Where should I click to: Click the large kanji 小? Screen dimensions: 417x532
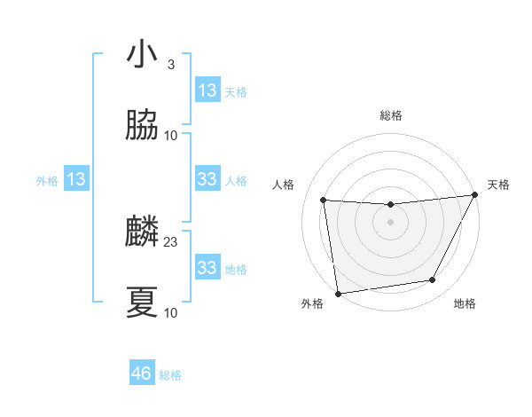click(142, 54)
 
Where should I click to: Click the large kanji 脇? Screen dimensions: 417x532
click(142, 127)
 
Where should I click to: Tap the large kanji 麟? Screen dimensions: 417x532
click(142, 232)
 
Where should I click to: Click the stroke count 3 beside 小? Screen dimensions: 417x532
click(170, 65)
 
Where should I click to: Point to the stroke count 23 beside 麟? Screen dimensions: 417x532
click(171, 241)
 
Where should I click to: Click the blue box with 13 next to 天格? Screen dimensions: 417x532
click(207, 90)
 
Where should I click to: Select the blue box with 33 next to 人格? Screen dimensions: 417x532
click(207, 179)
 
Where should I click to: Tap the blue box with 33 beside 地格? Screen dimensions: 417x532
click(207, 268)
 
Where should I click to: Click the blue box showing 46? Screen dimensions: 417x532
click(142, 374)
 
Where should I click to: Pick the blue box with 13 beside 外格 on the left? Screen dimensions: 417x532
click(76, 179)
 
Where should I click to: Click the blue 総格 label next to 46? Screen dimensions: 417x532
click(170, 375)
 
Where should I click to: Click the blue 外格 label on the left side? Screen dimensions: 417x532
click(47, 181)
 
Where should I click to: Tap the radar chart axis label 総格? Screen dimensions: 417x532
click(390, 115)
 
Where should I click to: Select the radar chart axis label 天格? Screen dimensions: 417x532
click(498, 185)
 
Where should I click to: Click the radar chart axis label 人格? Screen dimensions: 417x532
click(283, 185)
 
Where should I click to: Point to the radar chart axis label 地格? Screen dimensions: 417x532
click(465, 303)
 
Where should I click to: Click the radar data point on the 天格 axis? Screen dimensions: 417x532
click(474, 195)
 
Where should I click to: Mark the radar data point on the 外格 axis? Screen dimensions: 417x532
click(338, 292)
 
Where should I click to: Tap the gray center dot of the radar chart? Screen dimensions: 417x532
click(390, 222)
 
